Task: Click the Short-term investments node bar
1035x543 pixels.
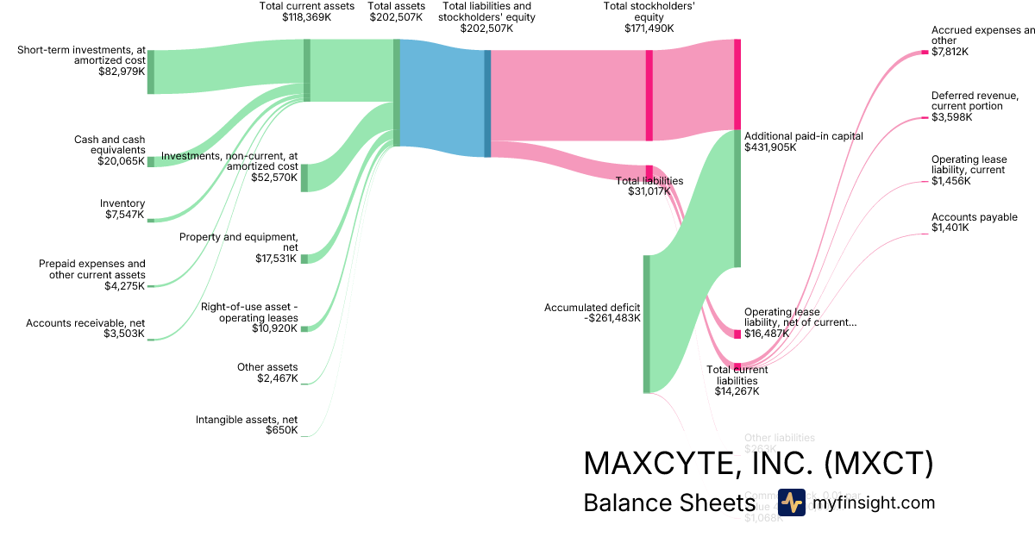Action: pyautogui.click(x=150, y=72)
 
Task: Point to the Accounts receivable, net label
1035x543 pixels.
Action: pyautogui.click(x=85, y=323)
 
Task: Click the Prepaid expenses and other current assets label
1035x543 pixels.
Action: pyautogui.click(x=92, y=269)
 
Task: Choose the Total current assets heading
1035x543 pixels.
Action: pyautogui.click(x=306, y=6)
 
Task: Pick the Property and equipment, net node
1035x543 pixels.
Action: pyautogui.click(x=304, y=259)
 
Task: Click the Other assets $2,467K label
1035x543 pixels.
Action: pyautogui.click(x=267, y=372)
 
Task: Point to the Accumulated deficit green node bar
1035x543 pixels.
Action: pyautogui.click(x=646, y=323)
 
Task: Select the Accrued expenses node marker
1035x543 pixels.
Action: pyautogui.click(x=925, y=52)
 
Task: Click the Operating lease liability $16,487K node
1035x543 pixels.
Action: pyautogui.click(x=737, y=334)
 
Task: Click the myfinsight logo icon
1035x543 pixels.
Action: pyautogui.click(x=791, y=502)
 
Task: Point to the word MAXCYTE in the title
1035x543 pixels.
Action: pyautogui.click(x=656, y=464)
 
